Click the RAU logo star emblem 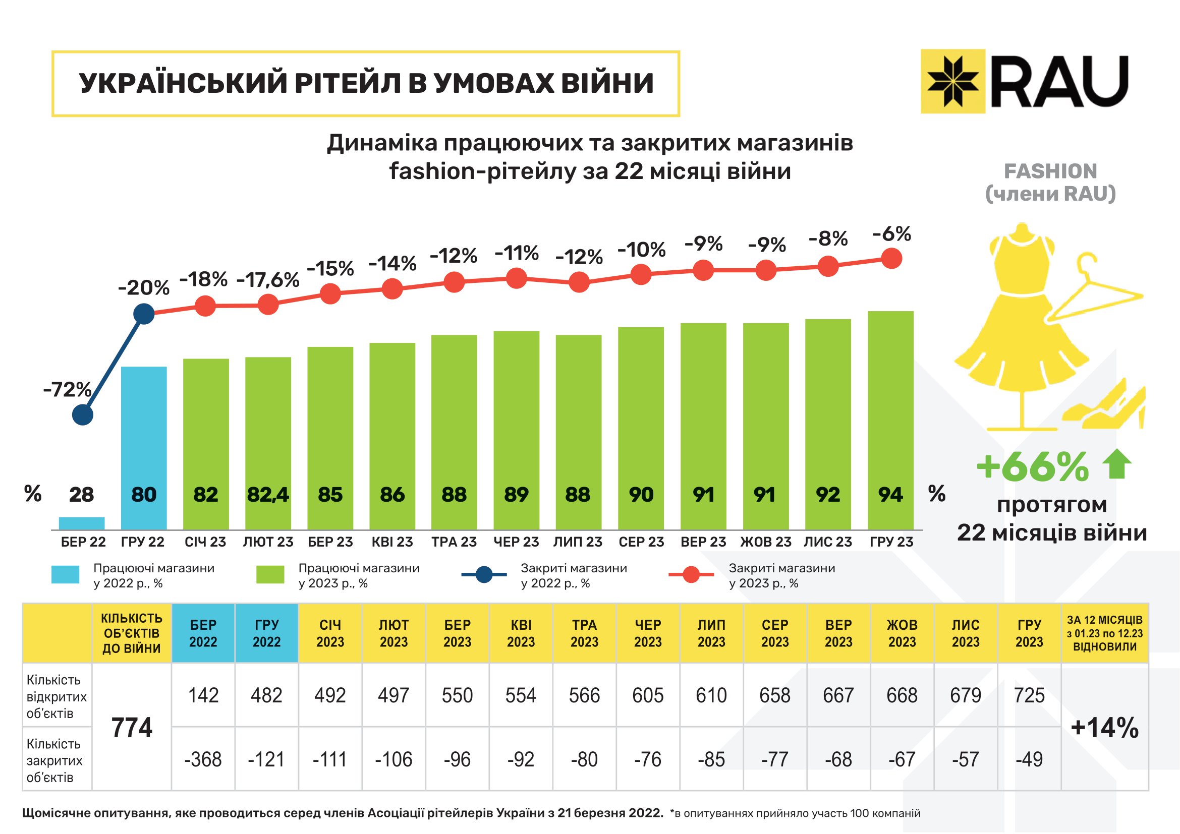952,81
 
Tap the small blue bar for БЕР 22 82,523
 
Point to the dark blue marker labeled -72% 83,414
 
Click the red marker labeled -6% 891,258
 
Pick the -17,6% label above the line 268,280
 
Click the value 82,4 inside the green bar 268,495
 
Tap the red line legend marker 691,575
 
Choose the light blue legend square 65,574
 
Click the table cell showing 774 132,727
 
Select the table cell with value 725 1029,695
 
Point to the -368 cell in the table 203,759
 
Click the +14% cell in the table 1104,727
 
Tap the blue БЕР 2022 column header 203,633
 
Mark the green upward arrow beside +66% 1116,464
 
